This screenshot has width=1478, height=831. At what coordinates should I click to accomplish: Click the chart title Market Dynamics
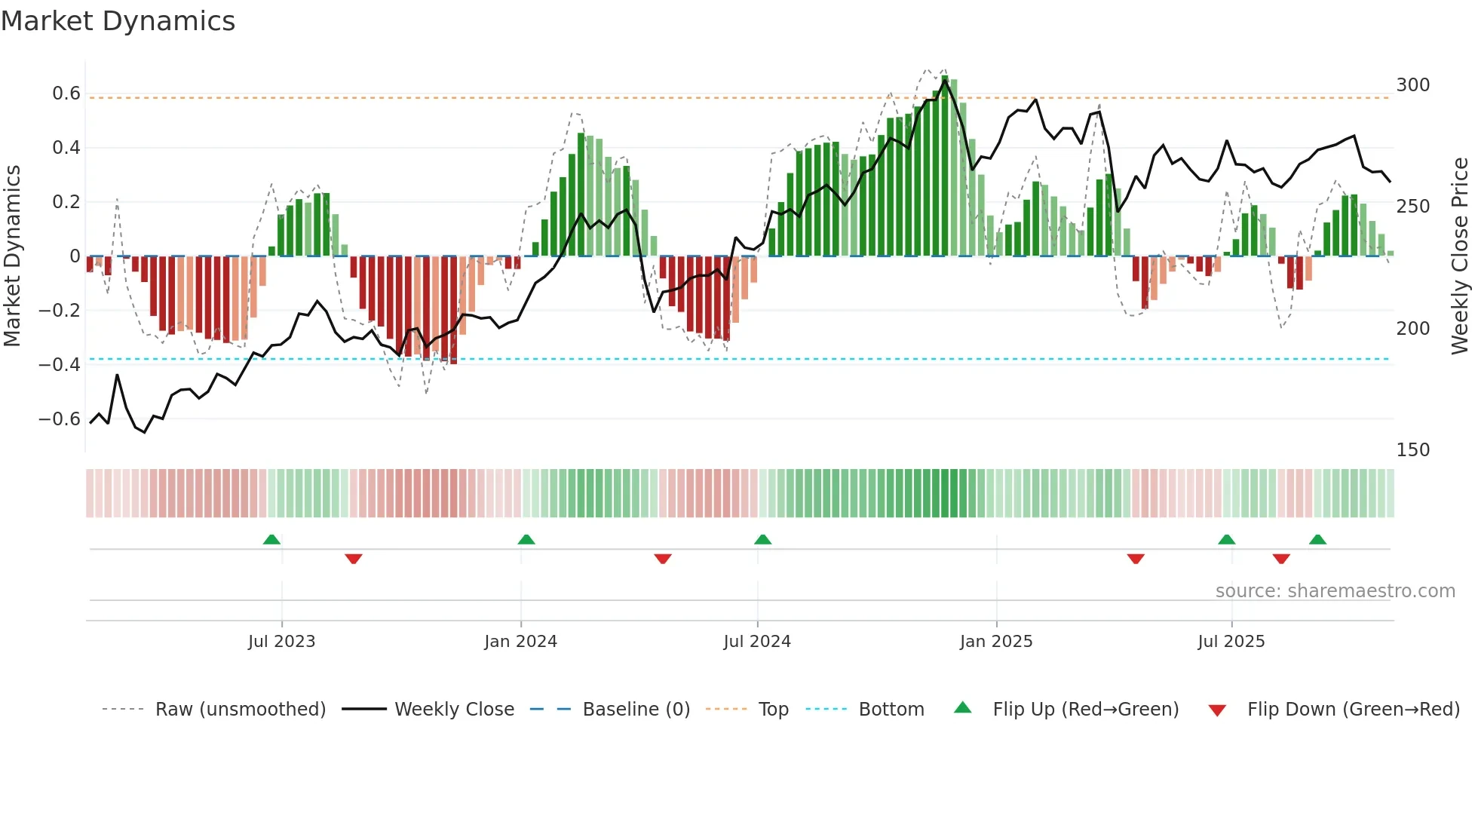(x=118, y=21)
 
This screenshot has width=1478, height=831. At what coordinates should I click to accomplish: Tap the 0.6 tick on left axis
(x=66, y=94)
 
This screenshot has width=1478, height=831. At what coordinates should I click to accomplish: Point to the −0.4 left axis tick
(x=60, y=365)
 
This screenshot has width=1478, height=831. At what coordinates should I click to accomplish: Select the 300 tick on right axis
(x=1412, y=85)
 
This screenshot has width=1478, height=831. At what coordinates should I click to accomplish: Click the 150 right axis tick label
(x=1412, y=450)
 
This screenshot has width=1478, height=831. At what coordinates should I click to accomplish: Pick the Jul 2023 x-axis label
(x=281, y=642)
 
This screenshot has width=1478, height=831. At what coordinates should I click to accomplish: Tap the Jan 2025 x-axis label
(x=995, y=642)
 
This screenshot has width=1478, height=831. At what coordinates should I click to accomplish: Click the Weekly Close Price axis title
(x=1460, y=256)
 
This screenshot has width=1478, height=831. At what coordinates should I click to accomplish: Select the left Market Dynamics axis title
(x=12, y=256)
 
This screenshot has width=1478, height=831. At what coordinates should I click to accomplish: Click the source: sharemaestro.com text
(x=1335, y=591)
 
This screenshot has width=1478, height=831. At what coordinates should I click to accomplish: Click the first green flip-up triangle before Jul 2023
(x=271, y=540)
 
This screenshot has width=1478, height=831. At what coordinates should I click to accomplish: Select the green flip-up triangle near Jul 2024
(x=762, y=540)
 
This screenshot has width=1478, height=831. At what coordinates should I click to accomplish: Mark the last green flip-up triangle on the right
(x=1317, y=540)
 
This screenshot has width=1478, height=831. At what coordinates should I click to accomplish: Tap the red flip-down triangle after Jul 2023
(x=354, y=559)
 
